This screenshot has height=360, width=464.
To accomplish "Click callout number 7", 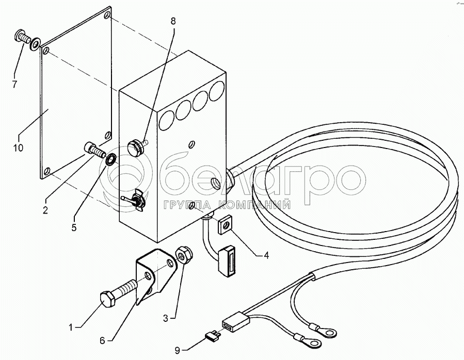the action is [x=14, y=84].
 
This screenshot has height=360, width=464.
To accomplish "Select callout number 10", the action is [x=18, y=147].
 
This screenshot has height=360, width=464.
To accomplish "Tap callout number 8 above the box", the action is [x=173, y=21].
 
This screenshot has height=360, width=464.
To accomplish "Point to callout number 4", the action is [x=266, y=255].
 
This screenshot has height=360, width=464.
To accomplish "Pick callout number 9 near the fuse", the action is [x=177, y=351].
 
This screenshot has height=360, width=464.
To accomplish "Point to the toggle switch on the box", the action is [x=134, y=201].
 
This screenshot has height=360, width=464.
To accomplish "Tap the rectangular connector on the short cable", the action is [x=228, y=260].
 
